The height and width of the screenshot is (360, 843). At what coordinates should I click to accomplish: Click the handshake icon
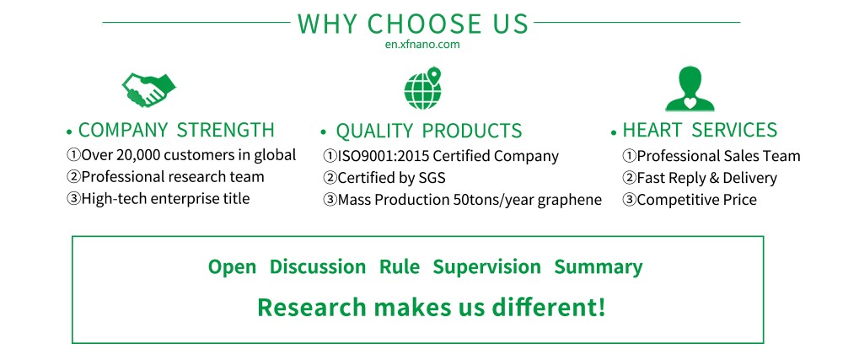149,89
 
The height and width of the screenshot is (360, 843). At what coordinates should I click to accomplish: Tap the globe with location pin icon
423,89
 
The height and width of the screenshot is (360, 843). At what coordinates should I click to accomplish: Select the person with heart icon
690,89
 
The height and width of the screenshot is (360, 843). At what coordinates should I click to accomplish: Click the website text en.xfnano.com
422,45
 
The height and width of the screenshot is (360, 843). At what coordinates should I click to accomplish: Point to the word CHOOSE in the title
425,24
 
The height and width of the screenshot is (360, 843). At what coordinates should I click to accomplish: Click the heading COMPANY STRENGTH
176,130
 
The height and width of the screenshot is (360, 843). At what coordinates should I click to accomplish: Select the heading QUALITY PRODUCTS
428,131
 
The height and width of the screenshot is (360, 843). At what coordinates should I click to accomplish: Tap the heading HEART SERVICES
700,130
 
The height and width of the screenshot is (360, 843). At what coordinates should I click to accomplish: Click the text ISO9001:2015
384,156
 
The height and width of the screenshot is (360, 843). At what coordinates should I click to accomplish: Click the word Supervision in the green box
487,267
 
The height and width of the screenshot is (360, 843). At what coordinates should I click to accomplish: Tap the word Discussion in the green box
318,267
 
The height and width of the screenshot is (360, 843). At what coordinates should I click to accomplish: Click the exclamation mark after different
601,307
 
